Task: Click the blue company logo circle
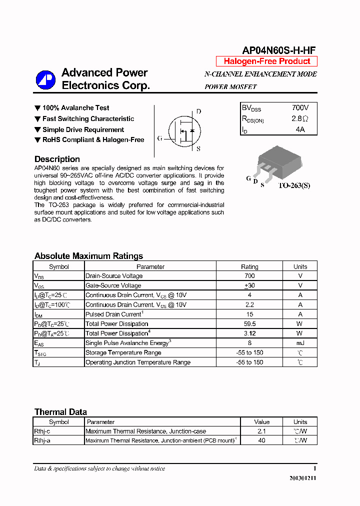(45, 80)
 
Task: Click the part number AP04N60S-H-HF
(278, 50)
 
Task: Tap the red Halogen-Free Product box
(266, 61)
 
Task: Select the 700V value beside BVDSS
(300, 107)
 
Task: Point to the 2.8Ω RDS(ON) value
(300, 118)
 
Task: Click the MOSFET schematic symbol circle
(182, 130)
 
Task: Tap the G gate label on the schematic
(159, 138)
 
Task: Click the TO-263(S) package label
(294, 185)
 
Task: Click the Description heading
(57, 159)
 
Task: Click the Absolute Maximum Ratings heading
(88, 256)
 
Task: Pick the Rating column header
(249, 266)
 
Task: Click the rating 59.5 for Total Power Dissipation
(249, 324)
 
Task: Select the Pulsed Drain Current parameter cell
(114, 314)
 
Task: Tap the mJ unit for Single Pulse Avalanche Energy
(300, 343)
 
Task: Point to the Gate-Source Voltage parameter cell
(113, 285)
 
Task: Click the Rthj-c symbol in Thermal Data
(42, 431)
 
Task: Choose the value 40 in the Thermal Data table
(261, 440)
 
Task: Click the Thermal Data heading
(60, 412)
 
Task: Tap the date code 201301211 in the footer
(302, 478)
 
